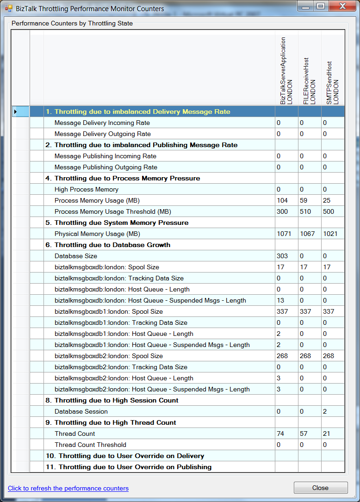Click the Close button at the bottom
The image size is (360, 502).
click(320, 488)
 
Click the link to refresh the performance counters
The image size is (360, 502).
click(68, 488)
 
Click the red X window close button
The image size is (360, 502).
click(342, 6)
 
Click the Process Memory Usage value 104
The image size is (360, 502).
click(282, 200)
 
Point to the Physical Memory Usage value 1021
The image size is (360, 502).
click(330, 234)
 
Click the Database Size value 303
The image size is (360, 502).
click(282, 256)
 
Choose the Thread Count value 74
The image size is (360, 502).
click(280, 434)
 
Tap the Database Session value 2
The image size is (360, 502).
click(325, 411)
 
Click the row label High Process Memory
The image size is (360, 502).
click(87, 189)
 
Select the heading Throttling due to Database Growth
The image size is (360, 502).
click(112, 245)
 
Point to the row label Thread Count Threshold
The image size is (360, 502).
click(90, 445)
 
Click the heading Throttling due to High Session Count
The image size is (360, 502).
click(116, 400)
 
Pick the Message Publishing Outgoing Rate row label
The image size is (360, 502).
click(106, 167)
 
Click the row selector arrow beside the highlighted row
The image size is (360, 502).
click(15, 112)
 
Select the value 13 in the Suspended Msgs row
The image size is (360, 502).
click(280, 300)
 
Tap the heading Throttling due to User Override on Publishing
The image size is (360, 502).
click(135, 467)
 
